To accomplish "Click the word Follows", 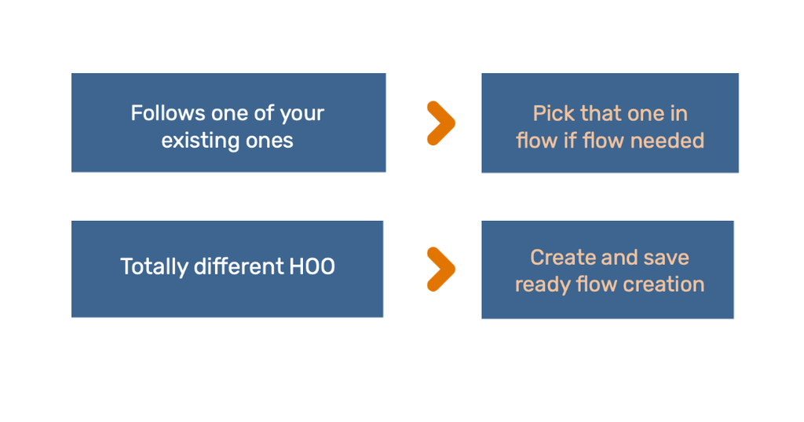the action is point(168,113).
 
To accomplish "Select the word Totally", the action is point(154,267).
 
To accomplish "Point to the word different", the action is point(239,266).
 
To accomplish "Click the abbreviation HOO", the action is point(312,266).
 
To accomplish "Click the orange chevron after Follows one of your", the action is point(441,123).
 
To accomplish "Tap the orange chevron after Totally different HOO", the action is point(441,269).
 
